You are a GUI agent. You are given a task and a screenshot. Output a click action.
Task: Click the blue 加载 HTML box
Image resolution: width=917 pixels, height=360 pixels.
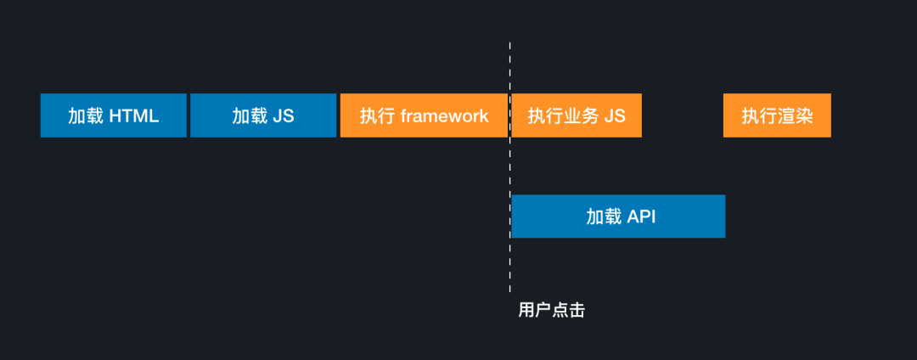coord(113,115)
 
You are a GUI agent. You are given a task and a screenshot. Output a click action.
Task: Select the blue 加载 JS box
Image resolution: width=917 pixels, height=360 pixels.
coord(263,115)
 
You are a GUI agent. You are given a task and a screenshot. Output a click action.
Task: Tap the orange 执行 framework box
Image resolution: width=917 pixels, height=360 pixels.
coord(424,115)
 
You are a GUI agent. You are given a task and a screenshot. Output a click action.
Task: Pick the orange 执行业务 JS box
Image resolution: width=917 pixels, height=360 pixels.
coord(577,115)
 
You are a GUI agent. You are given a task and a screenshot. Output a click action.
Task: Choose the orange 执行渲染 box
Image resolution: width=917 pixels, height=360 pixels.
coord(777,115)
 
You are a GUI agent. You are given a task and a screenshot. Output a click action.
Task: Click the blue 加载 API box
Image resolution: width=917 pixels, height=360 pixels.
coord(618,217)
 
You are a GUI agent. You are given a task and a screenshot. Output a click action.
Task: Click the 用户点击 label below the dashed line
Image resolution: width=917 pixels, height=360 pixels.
coord(551,311)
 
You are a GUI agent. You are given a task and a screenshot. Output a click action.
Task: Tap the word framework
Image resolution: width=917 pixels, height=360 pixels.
coord(444,116)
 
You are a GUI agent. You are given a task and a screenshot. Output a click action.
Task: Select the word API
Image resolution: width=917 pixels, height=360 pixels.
coord(641,217)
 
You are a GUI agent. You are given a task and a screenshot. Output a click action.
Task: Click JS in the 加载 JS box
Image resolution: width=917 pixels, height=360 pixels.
coord(284,116)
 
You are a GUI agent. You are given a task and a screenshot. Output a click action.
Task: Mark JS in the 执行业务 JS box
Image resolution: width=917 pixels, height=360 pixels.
coord(614,116)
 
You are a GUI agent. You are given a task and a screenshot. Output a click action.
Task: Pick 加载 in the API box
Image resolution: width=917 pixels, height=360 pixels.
coord(604,217)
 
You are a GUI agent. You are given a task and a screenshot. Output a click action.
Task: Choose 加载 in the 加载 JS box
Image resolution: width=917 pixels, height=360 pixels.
coord(250,116)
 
